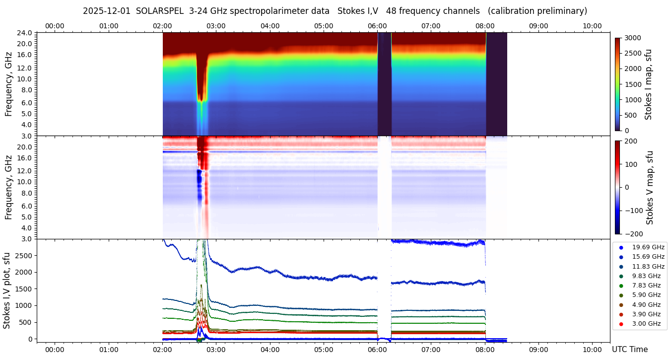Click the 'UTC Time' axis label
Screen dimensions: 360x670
point(630,350)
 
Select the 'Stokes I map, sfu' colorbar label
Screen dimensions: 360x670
point(648,84)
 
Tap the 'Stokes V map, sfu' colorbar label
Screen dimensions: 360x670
point(650,188)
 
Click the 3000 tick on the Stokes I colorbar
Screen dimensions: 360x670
point(633,38)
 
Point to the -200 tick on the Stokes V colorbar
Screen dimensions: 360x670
point(634,234)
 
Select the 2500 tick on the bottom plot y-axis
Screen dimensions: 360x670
point(23,255)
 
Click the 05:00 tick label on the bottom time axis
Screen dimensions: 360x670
point(324,350)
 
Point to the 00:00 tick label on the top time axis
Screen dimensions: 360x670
point(55,26)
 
